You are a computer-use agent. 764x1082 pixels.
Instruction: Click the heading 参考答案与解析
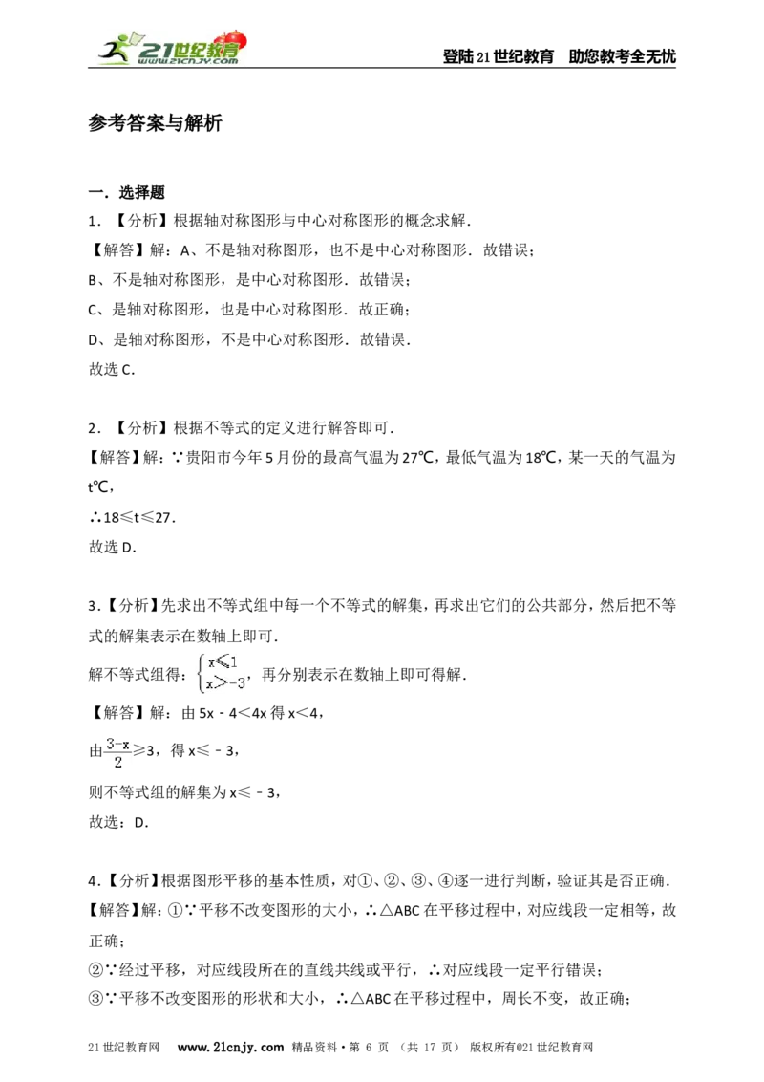155,123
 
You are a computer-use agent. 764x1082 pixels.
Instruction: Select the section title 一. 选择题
127,192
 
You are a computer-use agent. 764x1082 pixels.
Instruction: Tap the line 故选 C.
112,369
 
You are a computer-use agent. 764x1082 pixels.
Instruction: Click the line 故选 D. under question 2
113,547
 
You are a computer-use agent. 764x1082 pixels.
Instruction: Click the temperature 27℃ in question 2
418,458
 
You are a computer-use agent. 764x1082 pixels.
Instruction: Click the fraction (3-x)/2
117,752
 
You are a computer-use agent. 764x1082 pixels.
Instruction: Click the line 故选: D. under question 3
118,822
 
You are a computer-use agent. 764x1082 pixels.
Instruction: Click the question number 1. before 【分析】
95,221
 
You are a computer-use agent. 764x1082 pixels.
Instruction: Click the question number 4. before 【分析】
95,880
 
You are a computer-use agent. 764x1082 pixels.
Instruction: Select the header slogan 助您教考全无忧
622,56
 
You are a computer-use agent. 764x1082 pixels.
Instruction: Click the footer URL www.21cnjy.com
230,1047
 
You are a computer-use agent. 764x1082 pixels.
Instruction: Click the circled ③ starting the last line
95,999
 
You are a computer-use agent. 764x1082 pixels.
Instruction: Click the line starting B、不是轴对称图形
249,280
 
